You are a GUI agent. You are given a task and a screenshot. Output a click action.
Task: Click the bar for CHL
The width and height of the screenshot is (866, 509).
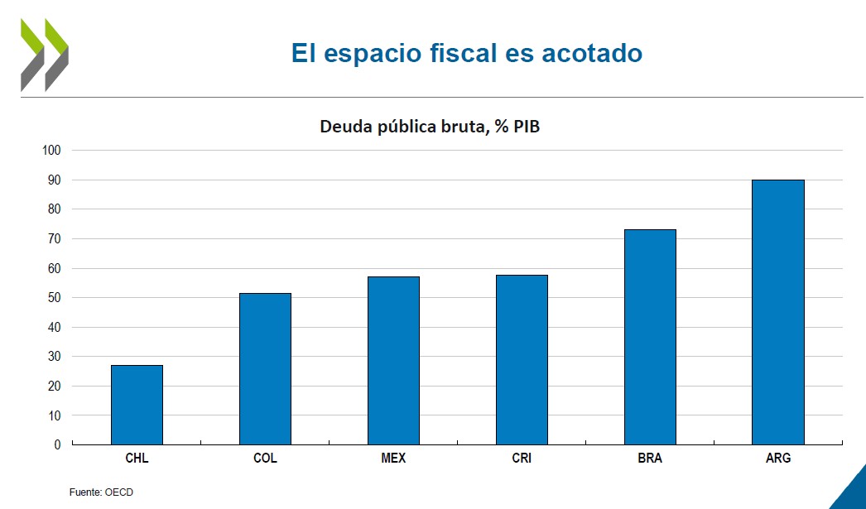(137, 405)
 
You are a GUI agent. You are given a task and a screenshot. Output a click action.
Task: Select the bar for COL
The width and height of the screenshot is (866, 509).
(265, 368)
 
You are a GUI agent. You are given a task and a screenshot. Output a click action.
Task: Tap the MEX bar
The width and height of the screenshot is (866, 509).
(393, 360)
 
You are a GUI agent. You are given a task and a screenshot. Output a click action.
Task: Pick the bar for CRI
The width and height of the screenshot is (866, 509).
(522, 359)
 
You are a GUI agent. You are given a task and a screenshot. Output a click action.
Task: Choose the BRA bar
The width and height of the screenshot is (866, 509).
(650, 337)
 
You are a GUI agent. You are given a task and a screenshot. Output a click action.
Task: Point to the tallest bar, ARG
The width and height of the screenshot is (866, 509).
(777, 312)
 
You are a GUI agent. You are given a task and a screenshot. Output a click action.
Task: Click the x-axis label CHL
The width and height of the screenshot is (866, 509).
(137, 458)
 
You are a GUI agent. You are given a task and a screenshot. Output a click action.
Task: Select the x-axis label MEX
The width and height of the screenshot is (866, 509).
(393, 458)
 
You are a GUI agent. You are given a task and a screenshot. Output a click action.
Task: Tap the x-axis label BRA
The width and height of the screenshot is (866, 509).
(650, 458)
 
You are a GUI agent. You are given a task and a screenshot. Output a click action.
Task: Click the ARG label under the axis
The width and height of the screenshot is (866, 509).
(778, 458)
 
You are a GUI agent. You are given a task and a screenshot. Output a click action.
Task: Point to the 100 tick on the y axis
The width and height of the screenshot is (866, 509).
(52, 151)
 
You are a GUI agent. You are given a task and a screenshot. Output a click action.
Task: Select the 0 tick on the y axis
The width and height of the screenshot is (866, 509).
(57, 445)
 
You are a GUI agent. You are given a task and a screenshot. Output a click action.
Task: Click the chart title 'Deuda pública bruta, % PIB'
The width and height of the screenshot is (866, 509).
(430, 127)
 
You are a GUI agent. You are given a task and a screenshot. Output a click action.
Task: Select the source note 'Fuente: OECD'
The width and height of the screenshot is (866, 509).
(100, 492)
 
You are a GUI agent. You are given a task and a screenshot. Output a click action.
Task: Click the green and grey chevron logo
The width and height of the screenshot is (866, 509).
(45, 55)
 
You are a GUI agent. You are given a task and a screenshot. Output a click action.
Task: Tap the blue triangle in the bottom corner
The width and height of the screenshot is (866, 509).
(853, 493)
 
